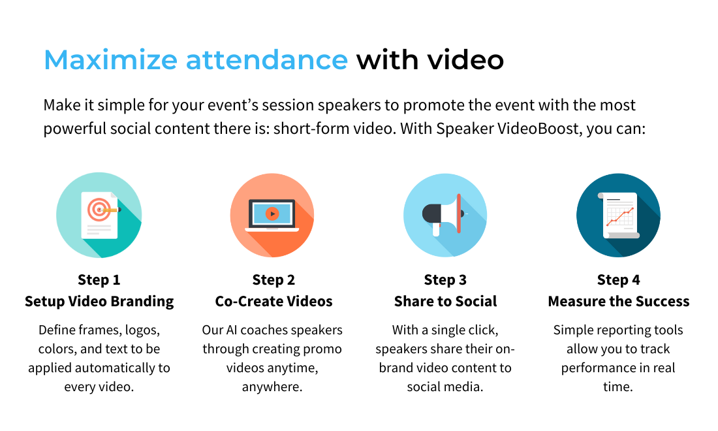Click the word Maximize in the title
pyautogui.click(x=110, y=60)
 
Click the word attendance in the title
pyautogui.click(x=266, y=60)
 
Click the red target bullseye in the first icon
pyautogui.click(x=97, y=209)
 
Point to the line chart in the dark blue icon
pyautogui.click(x=619, y=215)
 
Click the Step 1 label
pyautogui.click(x=99, y=280)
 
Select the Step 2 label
pyautogui.click(x=273, y=280)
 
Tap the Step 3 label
pyautogui.click(x=445, y=280)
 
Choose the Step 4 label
pyautogui.click(x=618, y=280)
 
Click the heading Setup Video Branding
pyautogui.click(x=99, y=301)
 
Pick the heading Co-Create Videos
pyautogui.click(x=273, y=301)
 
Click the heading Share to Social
pyautogui.click(x=445, y=301)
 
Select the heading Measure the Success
pyautogui.click(x=618, y=301)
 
